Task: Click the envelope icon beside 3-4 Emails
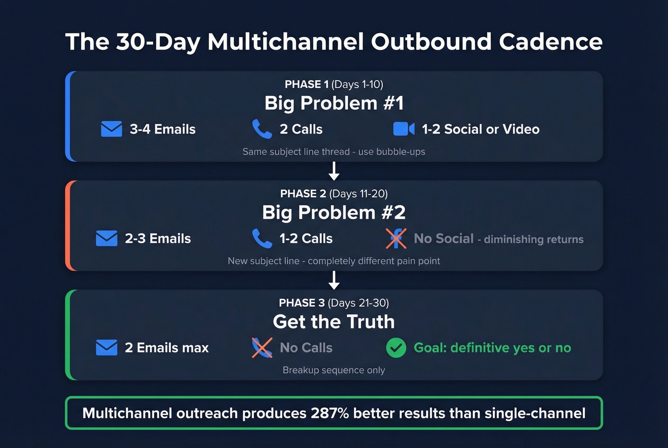112,129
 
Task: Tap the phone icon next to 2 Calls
262,129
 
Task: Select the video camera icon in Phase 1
403,129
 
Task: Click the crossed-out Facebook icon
396,238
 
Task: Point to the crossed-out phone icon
262,347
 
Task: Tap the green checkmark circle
396,348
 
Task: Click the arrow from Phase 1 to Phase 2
334,171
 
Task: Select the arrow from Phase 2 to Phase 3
334,280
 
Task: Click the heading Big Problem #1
334,103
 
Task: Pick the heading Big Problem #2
334,212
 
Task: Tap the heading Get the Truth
334,322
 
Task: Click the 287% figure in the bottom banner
330,413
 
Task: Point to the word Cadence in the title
551,42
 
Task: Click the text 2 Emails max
167,348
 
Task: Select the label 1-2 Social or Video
480,129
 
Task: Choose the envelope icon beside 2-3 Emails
106,238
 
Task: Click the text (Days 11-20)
358,194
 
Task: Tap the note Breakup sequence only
334,370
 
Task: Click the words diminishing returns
533,240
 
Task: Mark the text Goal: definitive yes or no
492,348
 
